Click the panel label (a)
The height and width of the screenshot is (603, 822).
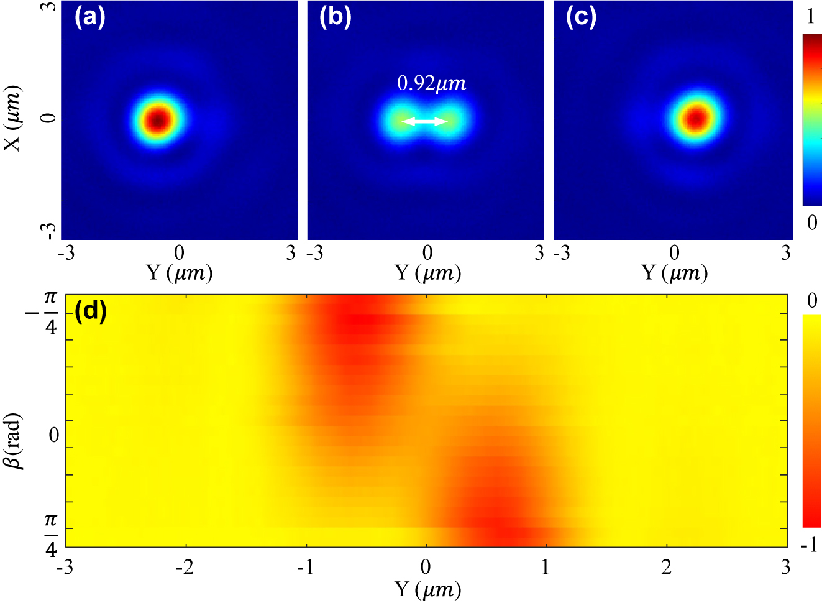[x=90, y=18]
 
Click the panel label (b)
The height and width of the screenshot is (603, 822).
[x=335, y=18]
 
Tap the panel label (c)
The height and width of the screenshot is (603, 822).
[x=581, y=18]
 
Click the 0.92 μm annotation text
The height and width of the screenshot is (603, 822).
[x=431, y=84]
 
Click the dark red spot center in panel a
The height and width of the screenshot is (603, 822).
[x=158, y=119]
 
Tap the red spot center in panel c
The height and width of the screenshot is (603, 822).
[x=697, y=117]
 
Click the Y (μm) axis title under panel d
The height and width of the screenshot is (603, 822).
[x=427, y=589]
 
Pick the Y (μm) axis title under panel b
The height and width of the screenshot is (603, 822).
[x=427, y=272]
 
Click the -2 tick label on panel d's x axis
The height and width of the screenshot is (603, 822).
[x=185, y=567]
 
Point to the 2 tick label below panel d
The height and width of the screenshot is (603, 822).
[x=666, y=567]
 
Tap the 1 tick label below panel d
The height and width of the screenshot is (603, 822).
[x=546, y=567]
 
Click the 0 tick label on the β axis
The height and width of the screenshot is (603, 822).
[x=53, y=435]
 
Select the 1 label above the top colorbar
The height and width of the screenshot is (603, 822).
[x=811, y=17]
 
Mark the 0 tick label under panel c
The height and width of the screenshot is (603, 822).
[x=674, y=253]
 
